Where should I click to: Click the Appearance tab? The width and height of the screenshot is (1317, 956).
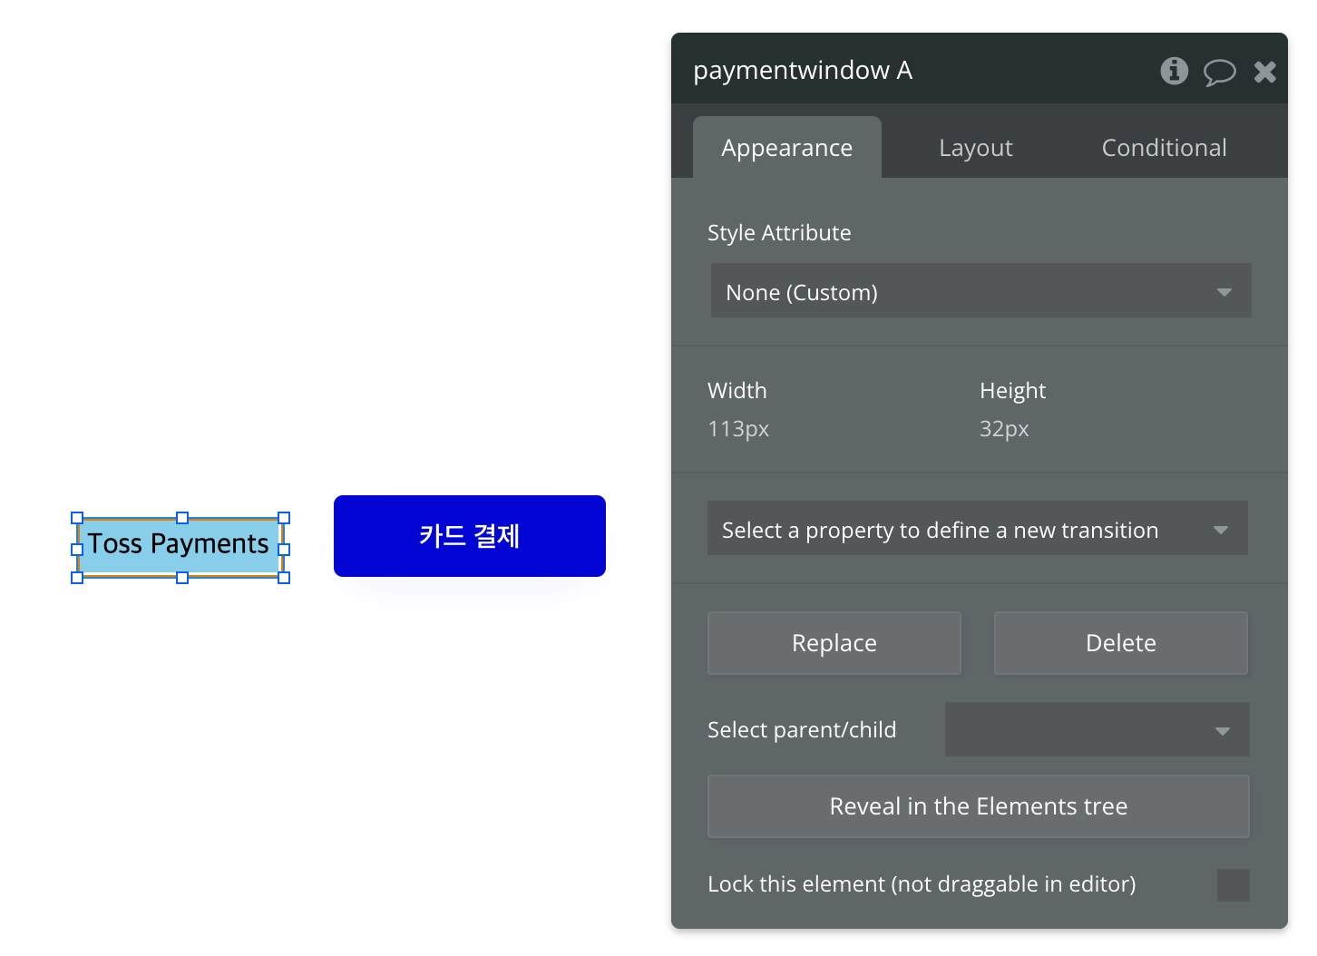click(786, 148)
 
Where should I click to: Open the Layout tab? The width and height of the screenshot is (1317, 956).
click(975, 148)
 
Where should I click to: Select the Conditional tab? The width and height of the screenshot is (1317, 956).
click(1164, 148)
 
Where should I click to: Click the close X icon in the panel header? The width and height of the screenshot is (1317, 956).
click(1264, 72)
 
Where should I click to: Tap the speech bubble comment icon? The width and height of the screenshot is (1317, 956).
click(1219, 72)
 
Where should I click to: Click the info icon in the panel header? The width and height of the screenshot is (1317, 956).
click(1174, 71)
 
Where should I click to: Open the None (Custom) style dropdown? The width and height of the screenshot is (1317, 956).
click(980, 291)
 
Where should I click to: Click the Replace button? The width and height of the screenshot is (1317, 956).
click(834, 643)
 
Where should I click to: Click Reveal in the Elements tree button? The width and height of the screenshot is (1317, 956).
click(978, 806)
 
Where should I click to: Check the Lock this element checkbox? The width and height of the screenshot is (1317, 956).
click(1233, 885)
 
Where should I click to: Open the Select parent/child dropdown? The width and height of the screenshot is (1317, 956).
click(1096, 730)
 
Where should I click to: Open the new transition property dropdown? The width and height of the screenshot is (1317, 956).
click(977, 529)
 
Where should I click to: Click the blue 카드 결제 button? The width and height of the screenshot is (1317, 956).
click(469, 536)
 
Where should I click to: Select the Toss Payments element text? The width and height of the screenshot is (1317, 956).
click(179, 544)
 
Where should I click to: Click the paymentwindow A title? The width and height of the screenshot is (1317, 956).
click(802, 71)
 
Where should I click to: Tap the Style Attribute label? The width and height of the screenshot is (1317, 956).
click(779, 233)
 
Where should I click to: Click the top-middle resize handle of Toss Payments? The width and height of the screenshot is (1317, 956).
click(182, 518)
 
